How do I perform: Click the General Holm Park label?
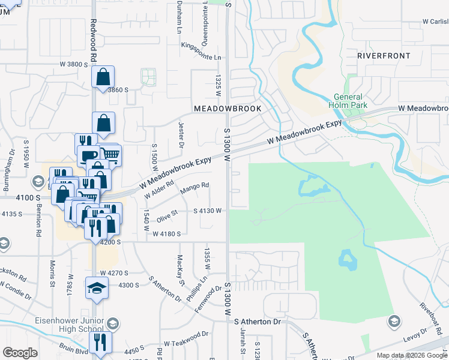click(x=348, y=101)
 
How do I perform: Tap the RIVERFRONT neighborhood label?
click(x=384, y=56)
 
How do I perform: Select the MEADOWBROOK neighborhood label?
click(x=228, y=109)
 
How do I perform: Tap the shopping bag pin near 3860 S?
click(x=103, y=77)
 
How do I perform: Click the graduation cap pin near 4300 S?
click(x=97, y=288)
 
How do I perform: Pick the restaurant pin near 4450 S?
click(x=100, y=343)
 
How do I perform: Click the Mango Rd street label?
click(x=194, y=188)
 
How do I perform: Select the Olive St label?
click(x=167, y=214)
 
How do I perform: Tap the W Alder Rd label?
click(x=158, y=188)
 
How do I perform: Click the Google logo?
click(x=20, y=353)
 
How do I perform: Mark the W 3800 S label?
click(x=74, y=64)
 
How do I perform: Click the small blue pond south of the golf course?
click(x=347, y=259)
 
